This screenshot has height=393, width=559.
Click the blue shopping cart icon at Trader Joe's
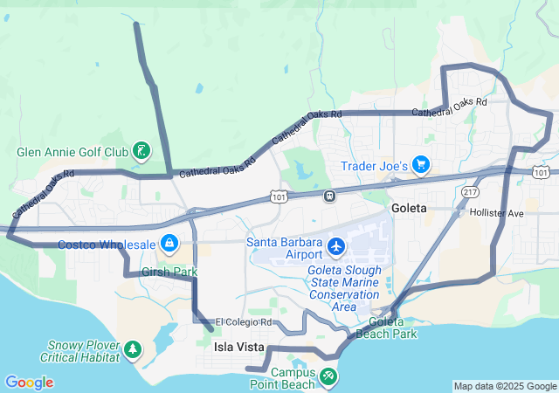pos(422,163)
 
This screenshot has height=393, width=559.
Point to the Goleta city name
pos(409,208)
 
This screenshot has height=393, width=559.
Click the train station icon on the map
pos(329,196)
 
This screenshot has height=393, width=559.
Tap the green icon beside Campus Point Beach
pos(328,376)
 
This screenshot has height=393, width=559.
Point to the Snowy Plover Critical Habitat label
pos(82,351)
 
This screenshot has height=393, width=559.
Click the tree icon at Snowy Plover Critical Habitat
pos(133,349)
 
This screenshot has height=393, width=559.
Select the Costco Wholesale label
pos(107,245)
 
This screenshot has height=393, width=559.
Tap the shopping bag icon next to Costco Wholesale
pos(169,244)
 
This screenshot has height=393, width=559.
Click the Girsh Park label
pos(169,272)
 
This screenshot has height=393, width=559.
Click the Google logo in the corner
pos(29,383)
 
